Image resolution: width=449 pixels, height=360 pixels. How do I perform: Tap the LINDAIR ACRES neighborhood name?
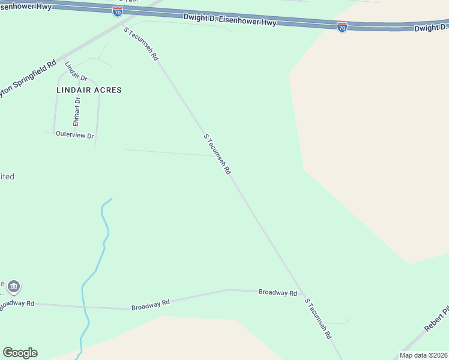pyautogui.click(x=89, y=90)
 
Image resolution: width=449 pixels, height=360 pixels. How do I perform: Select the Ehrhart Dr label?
pyautogui.click(x=77, y=111)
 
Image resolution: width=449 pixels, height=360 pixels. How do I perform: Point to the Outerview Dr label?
pyautogui.click(x=75, y=136)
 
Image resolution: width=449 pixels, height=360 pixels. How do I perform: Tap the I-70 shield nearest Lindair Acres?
pyautogui.click(x=118, y=11)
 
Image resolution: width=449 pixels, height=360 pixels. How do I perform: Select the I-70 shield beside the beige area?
pyautogui.click(x=342, y=27)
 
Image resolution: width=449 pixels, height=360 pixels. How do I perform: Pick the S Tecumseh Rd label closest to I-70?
pyautogui.click(x=140, y=44)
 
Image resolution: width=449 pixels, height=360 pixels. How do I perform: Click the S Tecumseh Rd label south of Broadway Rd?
pyautogui.click(x=318, y=319)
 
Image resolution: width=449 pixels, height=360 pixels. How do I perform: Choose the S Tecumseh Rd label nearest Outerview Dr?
pyautogui.click(x=217, y=154)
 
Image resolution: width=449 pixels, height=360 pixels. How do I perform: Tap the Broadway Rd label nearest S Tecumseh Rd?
pyautogui.click(x=277, y=293)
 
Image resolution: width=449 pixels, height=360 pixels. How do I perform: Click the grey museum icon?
pyautogui.click(x=14, y=288)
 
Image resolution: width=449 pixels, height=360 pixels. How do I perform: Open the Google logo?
pyautogui.click(x=20, y=353)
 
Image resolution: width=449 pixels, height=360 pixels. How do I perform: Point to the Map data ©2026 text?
pyautogui.click(x=423, y=355)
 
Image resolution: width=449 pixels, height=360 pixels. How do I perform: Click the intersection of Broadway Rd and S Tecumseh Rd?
pyautogui.click(x=299, y=292)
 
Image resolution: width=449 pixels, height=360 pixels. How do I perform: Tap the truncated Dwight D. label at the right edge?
pyautogui.click(x=432, y=28)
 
